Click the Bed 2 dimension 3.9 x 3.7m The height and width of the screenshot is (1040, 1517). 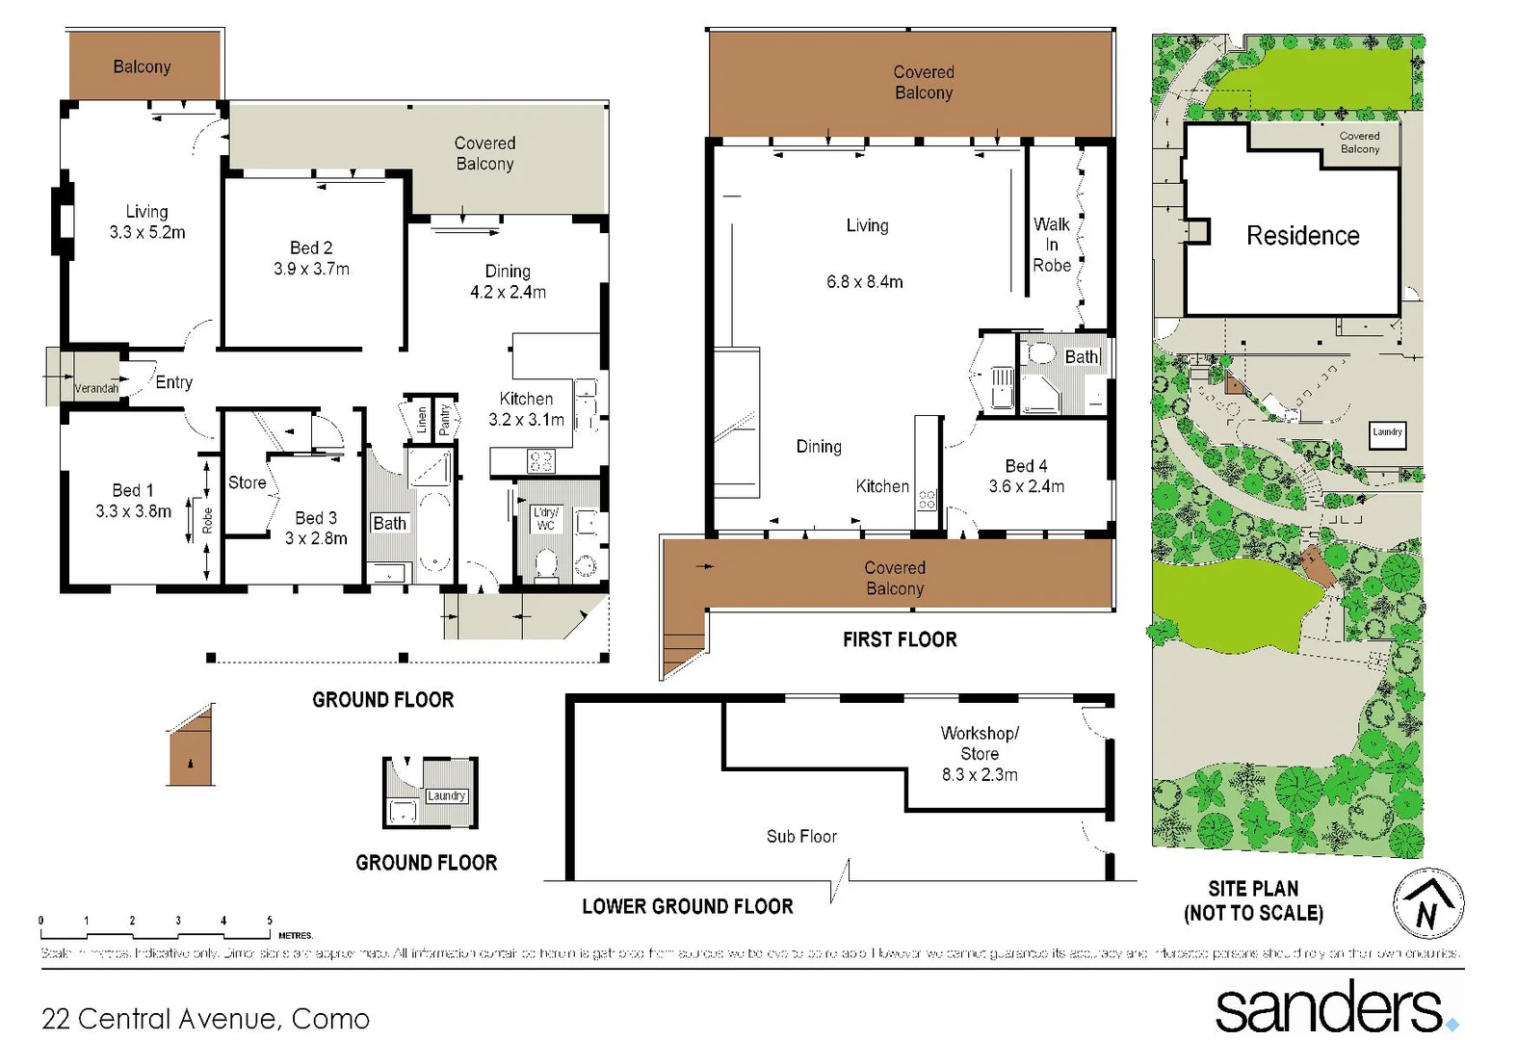pyautogui.click(x=311, y=270)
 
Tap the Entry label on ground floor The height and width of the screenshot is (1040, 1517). pyautogui.click(x=174, y=382)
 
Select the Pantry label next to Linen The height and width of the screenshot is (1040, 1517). pyautogui.click(x=444, y=418)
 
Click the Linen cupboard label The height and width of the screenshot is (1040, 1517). pyautogui.click(x=421, y=419)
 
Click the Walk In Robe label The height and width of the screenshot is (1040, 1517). pyautogui.click(x=1052, y=245)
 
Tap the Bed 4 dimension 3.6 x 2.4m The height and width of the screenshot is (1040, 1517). pyautogui.click(x=1026, y=487)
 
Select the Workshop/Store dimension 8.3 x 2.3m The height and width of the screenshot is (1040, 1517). pyautogui.click(x=980, y=774)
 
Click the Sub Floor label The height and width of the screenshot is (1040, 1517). pyautogui.click(x=801, y=837)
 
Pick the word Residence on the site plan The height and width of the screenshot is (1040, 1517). pyautogui.click(x=1302, y=236)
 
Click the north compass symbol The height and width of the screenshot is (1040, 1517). pyautogui.click(x=1428, y=904)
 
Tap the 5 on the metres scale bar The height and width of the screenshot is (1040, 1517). pyautogui.click(x=270, y=921)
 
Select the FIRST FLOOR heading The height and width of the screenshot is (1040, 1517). pyautogui.click(x=900, y=640)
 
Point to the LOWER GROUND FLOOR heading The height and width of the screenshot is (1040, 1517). pyautogui.click(x=687, y=907)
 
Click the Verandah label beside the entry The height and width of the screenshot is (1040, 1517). pyautogui.click(x=96, y=389)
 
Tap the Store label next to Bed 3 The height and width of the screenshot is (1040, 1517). pyautogui.click(x=247, y=482)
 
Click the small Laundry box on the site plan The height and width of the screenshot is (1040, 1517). pyautogui.click(x=1387, y=433)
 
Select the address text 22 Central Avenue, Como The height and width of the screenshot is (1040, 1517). pyautogui.click(x=205, y=1019)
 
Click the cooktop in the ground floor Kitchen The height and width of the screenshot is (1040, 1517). pyautogui.click(x=540, y=461)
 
